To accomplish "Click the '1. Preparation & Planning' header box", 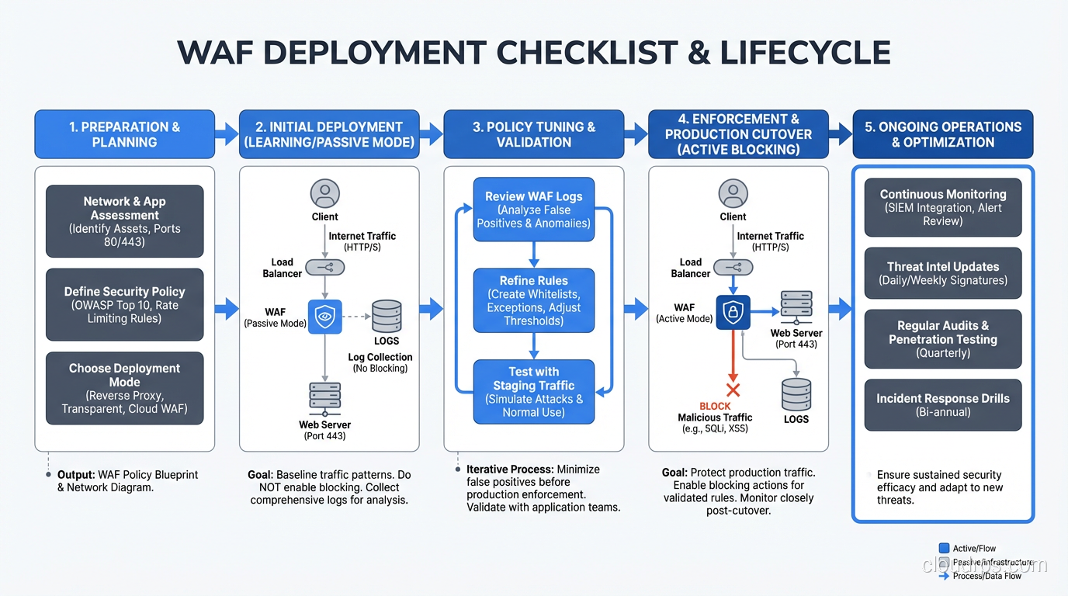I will pos(124,134).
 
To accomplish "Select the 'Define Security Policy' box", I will pos(124,304).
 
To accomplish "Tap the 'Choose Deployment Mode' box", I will pos(124,388).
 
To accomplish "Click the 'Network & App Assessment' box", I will pos(124,221).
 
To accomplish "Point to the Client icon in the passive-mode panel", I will pos(324,193).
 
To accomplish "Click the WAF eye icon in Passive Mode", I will pos(324,317).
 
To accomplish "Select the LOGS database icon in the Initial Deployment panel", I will pos(387,317).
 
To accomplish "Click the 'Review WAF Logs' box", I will pos(534,210).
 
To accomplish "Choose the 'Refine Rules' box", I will pos(534,300).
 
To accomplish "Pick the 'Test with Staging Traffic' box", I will pos(534,392).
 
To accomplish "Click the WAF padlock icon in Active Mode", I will pos(732,312).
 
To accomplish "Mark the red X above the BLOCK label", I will pos(732,390).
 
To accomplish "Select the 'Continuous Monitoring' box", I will pos(943,207).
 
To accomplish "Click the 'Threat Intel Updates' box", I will pos(943,273).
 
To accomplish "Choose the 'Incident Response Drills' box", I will pos(943,405).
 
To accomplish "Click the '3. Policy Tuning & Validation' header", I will pos(534,134).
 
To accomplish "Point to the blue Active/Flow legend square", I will pos(944,549).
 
